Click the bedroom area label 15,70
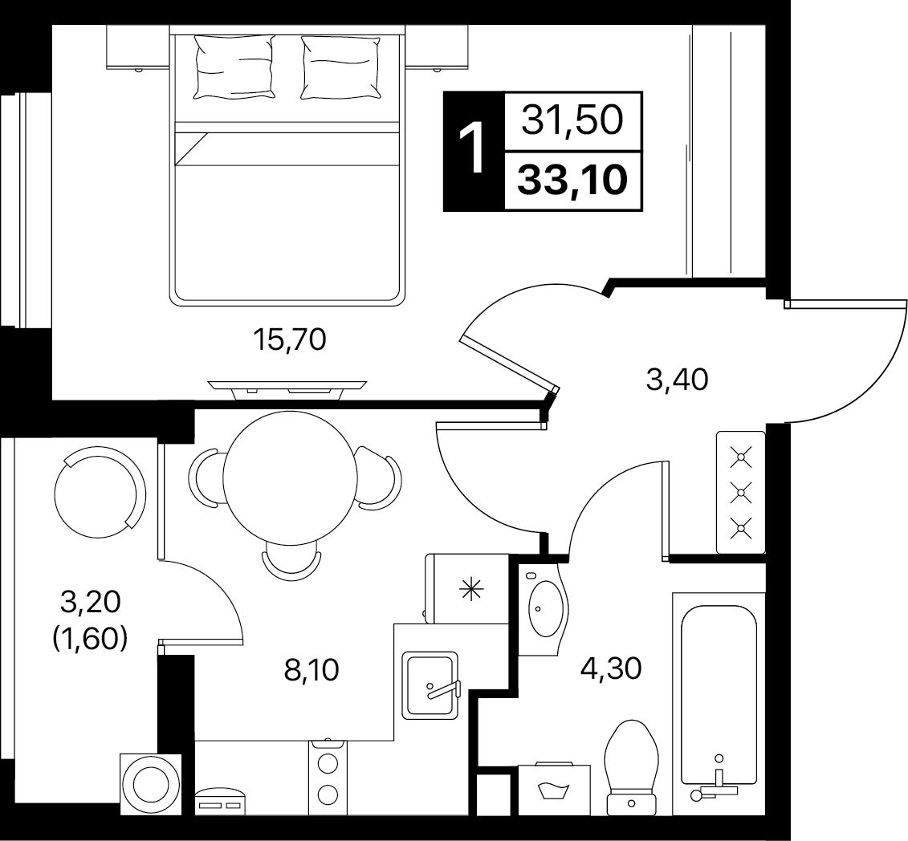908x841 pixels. coord(290,339)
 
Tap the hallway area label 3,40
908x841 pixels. coord(677,380)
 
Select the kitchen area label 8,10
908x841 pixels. coord(311,670)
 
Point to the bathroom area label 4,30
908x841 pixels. coord(611,668)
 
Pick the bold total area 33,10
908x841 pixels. coord(572,180)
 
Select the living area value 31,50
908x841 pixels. coord(572,121)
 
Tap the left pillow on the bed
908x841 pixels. coord(234,66)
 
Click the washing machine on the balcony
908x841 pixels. coord(151,784)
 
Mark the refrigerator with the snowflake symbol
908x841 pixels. coord(466,588)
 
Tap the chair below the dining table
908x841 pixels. coord(291,559)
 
